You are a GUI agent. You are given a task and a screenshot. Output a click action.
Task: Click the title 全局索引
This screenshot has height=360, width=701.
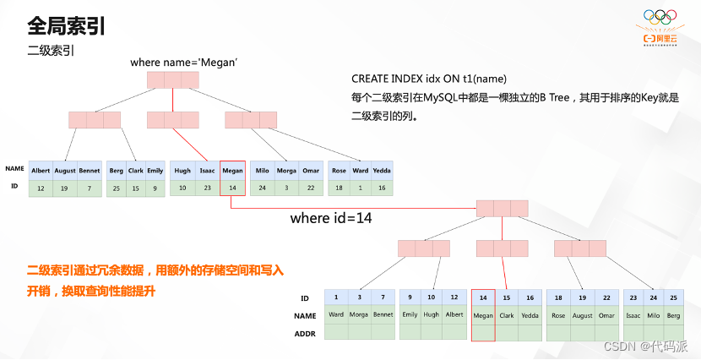point(67,25)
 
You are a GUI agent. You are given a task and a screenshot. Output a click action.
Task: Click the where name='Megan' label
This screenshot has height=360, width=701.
point(184,63)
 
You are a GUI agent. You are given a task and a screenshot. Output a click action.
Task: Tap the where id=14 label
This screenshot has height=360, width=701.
point(331,218)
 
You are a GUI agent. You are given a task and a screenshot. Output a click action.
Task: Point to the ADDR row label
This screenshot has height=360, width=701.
point(304,334)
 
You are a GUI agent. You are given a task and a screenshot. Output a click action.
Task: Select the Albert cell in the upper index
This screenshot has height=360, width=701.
point(41,171)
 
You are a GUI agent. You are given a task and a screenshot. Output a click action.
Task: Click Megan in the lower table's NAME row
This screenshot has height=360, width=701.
point(483,316)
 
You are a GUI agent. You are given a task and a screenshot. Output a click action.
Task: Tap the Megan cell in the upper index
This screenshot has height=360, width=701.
point(232,171)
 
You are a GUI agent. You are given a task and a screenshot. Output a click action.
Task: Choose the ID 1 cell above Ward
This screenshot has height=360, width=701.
point(336,297)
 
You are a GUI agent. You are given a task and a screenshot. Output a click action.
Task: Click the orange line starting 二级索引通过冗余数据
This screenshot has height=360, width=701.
point(155,271)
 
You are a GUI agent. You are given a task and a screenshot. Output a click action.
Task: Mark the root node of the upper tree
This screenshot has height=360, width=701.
point(172,80)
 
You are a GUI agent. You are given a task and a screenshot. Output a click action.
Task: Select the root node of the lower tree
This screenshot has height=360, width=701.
point(502,208)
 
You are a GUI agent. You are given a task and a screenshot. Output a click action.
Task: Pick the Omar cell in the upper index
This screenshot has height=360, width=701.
point(311,171)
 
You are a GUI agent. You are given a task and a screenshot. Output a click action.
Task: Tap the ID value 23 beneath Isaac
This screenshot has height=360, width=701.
point(207,188)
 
